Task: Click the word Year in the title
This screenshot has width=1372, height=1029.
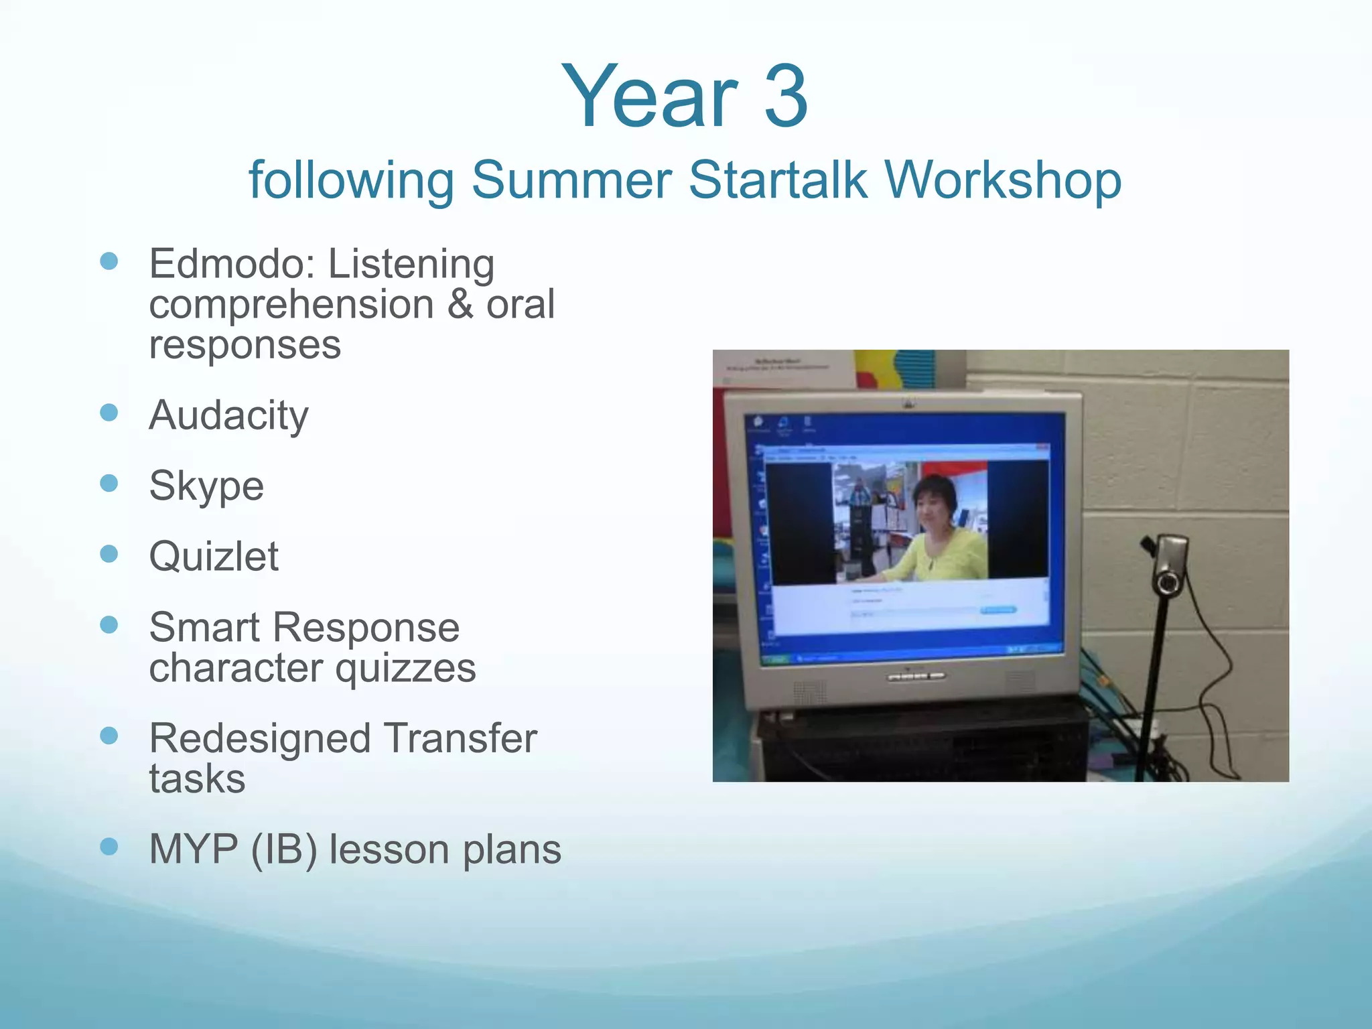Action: [x=648, y=96]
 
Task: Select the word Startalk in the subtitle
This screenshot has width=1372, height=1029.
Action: [x=777, y=180]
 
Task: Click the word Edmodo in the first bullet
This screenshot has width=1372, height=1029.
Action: [x=225, y=264]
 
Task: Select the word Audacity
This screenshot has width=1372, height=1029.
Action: [x=228, y=416]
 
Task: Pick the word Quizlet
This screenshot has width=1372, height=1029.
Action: [x=214, y=557]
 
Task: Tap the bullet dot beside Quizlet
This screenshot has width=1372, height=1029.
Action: [x=109, y=553]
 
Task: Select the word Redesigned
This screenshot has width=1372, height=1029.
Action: [x=260, y=738]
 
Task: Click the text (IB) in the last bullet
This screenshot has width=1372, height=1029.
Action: [x=283, y=849]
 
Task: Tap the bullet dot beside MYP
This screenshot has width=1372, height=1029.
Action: [x=109, y=847]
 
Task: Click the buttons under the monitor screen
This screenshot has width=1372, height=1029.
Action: [x=916, y=677]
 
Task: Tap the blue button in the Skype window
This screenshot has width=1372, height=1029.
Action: [x=998, y=610]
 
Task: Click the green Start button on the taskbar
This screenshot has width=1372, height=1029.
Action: [x=775, y=659]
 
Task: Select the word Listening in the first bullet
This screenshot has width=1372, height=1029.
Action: [x=411, y=264]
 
